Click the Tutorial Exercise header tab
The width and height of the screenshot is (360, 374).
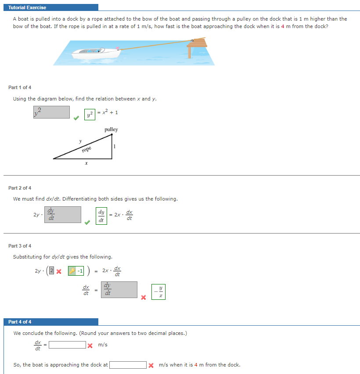click(27, 7)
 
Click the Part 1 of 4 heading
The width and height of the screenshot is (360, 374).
click(20, 87)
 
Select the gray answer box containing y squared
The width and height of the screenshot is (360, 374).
click(51, 112)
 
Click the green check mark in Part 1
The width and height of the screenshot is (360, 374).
click(76, 118)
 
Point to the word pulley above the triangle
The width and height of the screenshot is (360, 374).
click(111, 129)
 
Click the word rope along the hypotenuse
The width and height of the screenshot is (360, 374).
click(86, 150)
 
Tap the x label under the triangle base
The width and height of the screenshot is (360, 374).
click(86, 163)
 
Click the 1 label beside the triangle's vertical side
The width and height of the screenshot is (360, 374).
click(115, 146)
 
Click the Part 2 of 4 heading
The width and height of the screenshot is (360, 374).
click(20, 188)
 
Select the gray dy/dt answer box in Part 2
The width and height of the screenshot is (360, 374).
click(63, 215)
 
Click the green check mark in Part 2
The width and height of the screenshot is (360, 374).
click(87, 222)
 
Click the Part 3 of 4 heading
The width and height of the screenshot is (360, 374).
click(20, 246)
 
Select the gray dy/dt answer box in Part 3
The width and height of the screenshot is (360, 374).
click(119, 290)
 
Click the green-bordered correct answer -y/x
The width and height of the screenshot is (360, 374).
click(158, 292)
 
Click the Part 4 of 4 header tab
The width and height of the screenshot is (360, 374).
click(20, 322)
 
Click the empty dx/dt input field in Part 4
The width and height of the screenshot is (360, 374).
click(67, 345)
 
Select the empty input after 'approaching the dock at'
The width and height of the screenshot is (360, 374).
click(128, 365)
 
